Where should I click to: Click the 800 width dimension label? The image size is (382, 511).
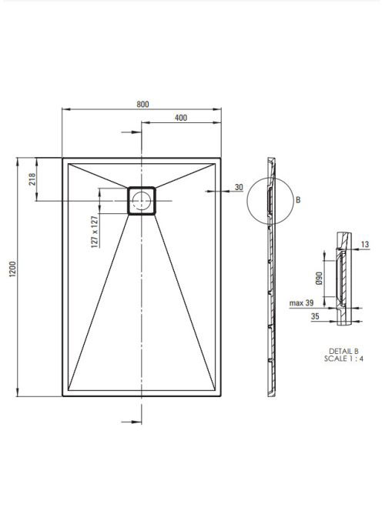click(142, 105)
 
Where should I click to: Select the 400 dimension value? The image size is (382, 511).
click(181, 118)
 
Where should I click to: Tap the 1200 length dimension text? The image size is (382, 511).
click(12, 269)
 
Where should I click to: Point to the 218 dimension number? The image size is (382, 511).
click(32, 179)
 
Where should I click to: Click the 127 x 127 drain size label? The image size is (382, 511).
click(95, 232)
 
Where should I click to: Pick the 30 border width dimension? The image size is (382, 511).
click(239, 187)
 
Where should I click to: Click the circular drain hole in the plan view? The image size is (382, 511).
click(141, 200)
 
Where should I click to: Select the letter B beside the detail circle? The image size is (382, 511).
click(298, 200)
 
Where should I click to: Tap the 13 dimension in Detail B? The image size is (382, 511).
click(365, 244)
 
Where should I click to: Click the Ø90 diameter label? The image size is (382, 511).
click(320, 279)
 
